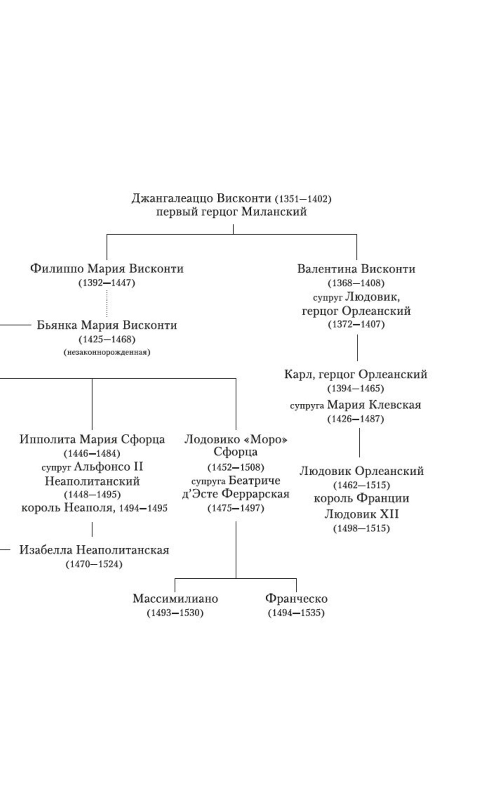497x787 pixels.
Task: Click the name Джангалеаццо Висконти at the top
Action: click(x=202, y=198)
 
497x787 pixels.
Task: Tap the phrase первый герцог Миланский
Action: click(x=231, y=211)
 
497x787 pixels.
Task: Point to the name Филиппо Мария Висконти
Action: click(x=107, y=268)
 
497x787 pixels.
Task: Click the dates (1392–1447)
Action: click(x=107, y=283)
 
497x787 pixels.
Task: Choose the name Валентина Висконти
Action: click(x=356, y=269)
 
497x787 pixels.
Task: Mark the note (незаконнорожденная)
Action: click(x=107, y=352)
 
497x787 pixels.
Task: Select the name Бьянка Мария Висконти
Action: click(x=107, y=325)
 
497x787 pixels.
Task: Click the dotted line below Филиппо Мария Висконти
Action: click(x=107, y=303)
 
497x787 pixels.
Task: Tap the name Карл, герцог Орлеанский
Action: click(x=356, y=375)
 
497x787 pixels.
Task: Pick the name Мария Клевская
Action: click(x=374, y=405)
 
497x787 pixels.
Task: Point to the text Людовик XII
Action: click(x=361, y=514)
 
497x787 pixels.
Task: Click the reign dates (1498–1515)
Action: click(x=361, y=528)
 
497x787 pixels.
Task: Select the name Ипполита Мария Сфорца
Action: click(x=92, y=439)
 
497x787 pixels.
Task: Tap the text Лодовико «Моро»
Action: click(x=236, y=439)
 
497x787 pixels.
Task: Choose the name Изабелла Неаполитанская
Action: click(x=94, y=550)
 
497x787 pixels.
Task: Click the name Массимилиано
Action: click(x=175, y=599)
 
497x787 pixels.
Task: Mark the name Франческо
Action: click(x=296, y=599)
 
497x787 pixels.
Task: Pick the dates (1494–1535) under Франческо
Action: click(x=296, y=613)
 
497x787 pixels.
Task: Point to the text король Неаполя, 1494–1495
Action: click(x=94, y=508)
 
